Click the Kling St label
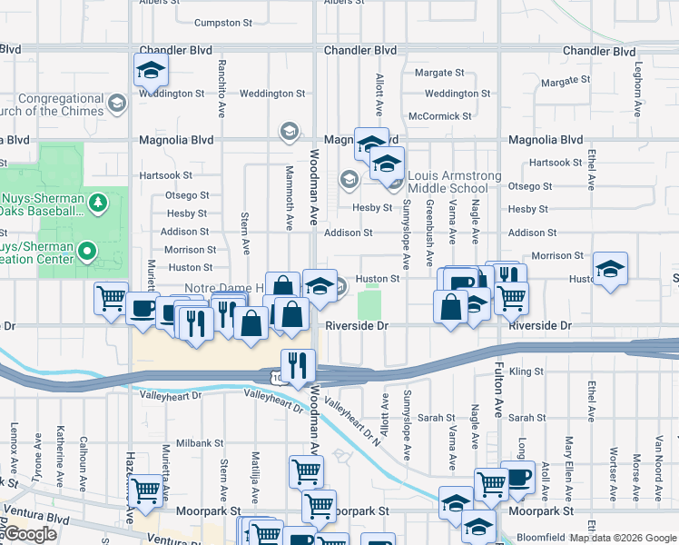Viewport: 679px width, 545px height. [x=526, y=372]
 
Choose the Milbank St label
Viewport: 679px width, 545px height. [x=200, y=442]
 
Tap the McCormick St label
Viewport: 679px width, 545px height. [x=440, y=116]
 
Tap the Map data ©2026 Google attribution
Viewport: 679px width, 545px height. [x=621, y=538]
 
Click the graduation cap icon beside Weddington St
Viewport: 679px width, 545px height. [x=151, y=69]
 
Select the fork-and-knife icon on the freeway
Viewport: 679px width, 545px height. [x=298, y=365]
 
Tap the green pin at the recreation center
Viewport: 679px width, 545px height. [x=87, y=249]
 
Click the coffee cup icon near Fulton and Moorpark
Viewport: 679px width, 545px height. [x=517, y=479]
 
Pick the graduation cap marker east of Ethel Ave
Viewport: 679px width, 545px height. [x=610, y=269]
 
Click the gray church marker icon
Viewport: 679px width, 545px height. [x=116, y=104]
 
